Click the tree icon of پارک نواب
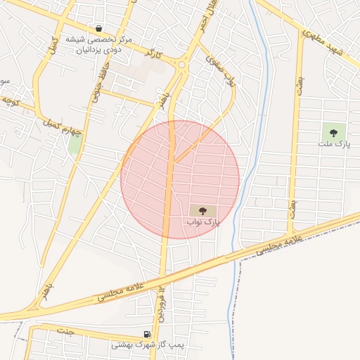[x=203, y=210]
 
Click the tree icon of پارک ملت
[x=333, y=131]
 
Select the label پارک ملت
[x=333, y=144]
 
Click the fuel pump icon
[x=146, y=334]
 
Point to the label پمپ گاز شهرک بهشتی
[x=147, y=346]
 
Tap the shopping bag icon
[x=98, y=29]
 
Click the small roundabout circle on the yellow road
[x=183, y=65]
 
